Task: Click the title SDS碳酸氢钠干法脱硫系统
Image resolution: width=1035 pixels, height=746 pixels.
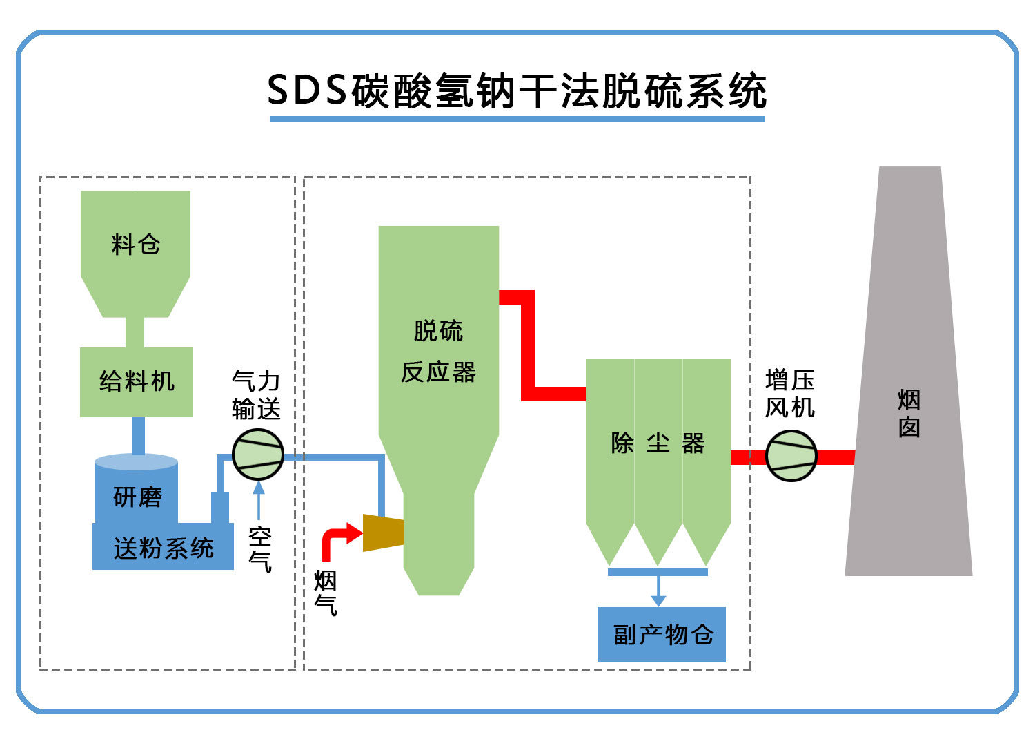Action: pos(517,91)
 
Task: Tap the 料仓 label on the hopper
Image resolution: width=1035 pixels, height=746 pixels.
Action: pos(135,245)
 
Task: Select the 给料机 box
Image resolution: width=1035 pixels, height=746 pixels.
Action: pos(137,382)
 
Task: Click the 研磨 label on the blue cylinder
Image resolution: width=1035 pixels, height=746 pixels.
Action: pos(137,497)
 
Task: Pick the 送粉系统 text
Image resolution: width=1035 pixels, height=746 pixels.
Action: pos(164,549)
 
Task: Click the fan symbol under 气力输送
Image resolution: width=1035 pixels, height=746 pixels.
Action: pos(258,455)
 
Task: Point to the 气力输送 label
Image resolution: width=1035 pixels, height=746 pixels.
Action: pos(256,394)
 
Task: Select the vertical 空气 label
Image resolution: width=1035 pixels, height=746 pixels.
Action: pos(260,549)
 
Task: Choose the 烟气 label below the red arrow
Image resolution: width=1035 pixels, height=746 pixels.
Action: pos(326,593)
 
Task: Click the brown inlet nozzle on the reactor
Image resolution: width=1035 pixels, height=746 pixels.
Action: pos(384,533)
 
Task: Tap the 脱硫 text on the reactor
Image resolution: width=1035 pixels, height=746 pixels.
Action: pos(438,331)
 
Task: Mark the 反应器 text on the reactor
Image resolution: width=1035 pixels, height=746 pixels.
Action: pos(438,372)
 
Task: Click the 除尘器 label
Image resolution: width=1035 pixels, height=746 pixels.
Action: pos(658,443)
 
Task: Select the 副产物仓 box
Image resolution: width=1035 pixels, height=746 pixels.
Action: pos(661,634)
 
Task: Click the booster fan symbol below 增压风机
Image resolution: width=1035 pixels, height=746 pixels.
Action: pos(791,456)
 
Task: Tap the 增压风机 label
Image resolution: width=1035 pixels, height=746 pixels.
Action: pos(790,394)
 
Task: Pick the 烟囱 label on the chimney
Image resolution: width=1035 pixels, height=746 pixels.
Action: pos(909,413)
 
